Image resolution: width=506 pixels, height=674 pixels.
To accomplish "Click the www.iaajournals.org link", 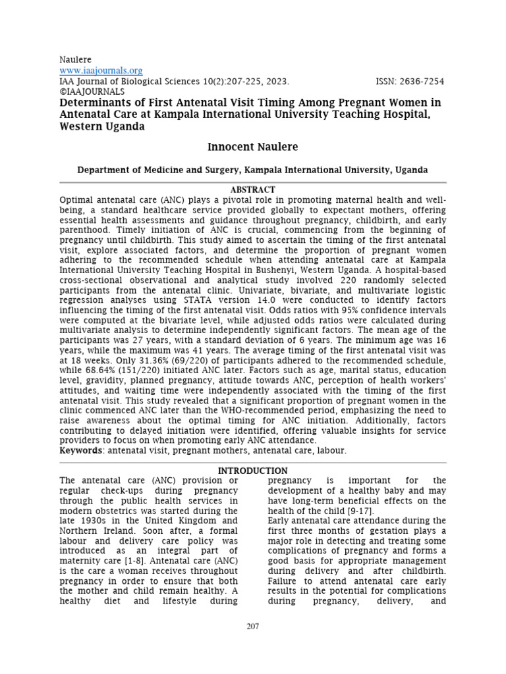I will tap(101, 70).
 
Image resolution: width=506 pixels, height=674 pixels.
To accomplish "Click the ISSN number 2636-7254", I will tap(420, 82).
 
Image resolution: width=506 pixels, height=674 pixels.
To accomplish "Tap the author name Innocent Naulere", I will tap(252, 145).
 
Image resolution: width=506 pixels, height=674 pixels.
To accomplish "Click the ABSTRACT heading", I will tap(252, 189).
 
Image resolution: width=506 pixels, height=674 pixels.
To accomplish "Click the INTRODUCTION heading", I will tap(252, 471).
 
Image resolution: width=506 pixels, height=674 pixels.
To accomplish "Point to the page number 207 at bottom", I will tap(252, 626).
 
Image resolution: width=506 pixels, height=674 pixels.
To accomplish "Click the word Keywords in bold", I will tap(80, 450).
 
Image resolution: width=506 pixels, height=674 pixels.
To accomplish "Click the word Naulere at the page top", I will tap(76, 59).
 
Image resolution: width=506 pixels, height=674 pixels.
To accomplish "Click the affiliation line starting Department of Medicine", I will tap(252, 170).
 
